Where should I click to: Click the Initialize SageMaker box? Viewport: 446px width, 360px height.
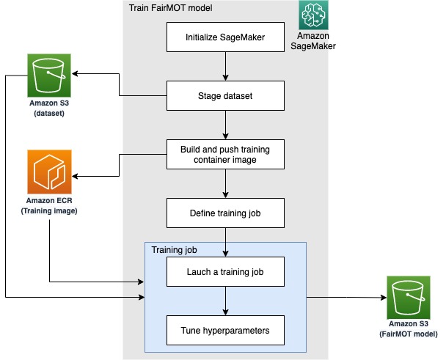[x=224, y=37]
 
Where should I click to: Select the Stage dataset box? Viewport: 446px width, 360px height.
[x=224, y=95]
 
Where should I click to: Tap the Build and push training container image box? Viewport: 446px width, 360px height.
[x=224, y=155]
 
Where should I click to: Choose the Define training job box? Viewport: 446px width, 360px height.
[x=224, y=213]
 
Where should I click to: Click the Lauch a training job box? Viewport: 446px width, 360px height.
[x=224, y=273]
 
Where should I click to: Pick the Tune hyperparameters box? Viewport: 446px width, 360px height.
[x=224, y=330]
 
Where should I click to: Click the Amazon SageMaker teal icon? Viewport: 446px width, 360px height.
[x=313, y=15]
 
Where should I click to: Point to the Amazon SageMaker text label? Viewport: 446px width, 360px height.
[x=312, y=41]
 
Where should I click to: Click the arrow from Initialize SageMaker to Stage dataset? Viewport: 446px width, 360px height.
[x=224, y=65]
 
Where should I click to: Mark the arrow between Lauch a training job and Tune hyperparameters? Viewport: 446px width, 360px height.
[x=224, y=301]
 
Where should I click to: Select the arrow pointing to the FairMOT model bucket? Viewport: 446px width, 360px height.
[x=345, y=297]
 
